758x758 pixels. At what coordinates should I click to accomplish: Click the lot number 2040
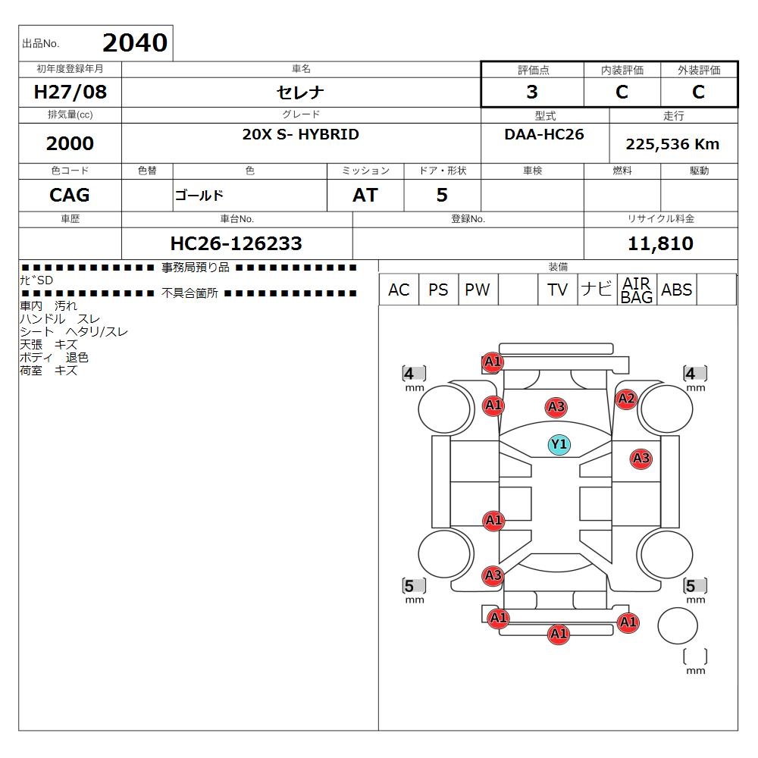tap(134, 42)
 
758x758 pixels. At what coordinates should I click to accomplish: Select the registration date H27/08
tap(71, 92)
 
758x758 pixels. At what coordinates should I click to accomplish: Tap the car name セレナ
tap(301, 92)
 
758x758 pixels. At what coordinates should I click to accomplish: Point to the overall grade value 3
tap(532, 92)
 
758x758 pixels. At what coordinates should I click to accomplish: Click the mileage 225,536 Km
tap(672, 144)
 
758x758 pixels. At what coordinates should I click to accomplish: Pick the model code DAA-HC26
tap(544, 134)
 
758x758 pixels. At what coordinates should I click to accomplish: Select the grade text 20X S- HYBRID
tap(301, 135)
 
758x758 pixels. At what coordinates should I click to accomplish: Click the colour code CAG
tap(70, 195)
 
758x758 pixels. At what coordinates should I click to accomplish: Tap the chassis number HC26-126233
tap(236, 243)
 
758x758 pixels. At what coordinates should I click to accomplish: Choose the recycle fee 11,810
tap(660, 243)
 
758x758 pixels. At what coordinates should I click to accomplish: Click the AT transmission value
tap(365, 195)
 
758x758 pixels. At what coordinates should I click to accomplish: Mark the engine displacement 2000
tap(70, 143)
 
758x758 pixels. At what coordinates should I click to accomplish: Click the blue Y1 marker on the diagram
tap(559, 444)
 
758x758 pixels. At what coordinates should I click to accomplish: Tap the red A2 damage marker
tap(626, 399)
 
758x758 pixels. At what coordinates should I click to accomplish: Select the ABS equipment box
tap(676, 290)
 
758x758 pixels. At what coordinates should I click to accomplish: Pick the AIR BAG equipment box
tap(637, 290)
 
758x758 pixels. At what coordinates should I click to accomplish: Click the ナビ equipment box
tap(596, 290)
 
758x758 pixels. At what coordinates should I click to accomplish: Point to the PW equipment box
tap(478, 290)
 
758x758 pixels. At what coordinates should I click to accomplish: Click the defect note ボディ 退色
tap(54, 358)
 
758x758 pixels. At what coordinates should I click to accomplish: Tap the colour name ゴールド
tap(199, 196)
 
